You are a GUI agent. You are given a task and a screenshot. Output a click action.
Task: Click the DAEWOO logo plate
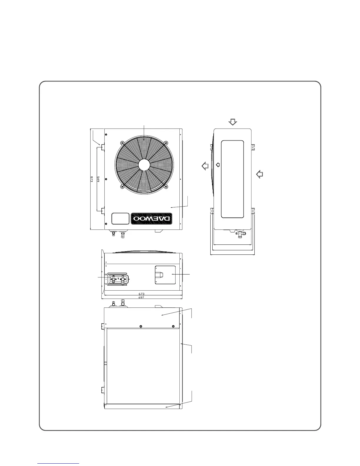coord(151,219)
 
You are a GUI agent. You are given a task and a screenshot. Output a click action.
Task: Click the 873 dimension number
coord(92,179)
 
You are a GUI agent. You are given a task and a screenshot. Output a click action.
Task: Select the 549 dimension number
coord(99,179)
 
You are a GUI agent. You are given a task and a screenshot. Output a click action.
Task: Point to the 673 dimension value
coord(141,294)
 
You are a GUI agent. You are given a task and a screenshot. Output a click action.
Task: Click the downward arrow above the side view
coord(233,122)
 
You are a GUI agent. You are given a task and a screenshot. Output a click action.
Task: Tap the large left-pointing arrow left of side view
coord(205,166)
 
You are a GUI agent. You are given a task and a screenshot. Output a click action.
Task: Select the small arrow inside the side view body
coord(218,165)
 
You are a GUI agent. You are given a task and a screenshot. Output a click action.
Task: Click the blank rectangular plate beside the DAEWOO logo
coord(120,219)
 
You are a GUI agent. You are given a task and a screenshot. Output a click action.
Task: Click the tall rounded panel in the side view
coord(232,179)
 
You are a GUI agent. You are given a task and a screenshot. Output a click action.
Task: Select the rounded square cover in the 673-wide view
coord(165,275)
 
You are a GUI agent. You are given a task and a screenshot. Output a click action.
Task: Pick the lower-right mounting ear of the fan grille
coord(167,186)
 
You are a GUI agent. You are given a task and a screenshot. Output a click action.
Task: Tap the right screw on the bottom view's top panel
coord(173,326)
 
